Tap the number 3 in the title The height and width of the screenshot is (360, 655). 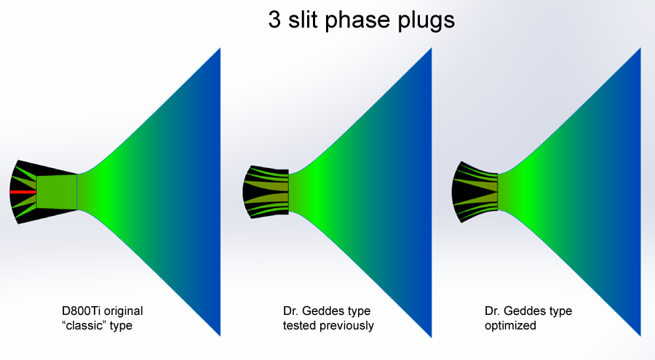274,19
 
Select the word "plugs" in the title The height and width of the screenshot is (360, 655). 426,20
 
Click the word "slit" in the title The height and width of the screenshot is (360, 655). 303,19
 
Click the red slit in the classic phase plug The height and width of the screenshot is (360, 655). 23,192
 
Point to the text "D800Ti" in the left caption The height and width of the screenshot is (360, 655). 81,311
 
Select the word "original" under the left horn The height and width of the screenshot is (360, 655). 123,312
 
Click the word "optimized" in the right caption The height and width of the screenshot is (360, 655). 510,326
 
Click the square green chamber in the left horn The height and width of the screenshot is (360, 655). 57,192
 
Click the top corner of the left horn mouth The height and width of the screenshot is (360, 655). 220,49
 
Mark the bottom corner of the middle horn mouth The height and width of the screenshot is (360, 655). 431,337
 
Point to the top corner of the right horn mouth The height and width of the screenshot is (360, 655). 640,48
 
